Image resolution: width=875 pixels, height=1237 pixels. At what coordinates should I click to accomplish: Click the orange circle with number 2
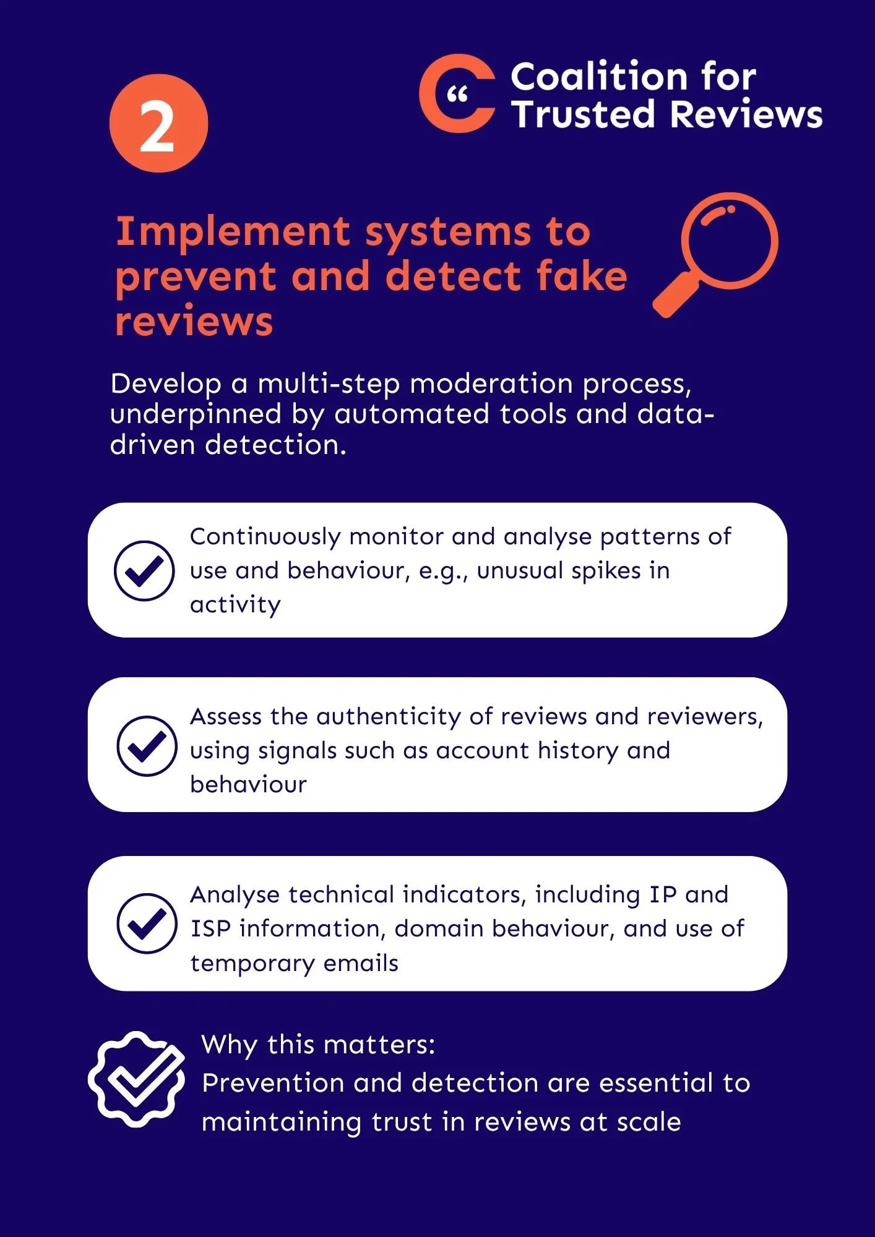[158, 123]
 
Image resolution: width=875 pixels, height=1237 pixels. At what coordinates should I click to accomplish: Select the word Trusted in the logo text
[582, 114]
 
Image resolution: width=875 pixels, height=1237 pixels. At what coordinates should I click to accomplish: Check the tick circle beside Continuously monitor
[144, 570]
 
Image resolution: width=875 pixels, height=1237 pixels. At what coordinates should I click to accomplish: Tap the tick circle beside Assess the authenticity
[147, 746]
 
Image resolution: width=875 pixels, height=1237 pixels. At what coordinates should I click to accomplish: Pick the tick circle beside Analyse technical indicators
[147, 923]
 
